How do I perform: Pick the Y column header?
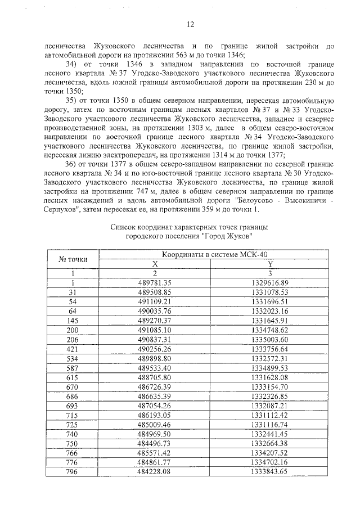270,264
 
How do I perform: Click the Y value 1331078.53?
270,292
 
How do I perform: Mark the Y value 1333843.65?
270,471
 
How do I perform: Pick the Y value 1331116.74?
270,424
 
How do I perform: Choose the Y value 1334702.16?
270,462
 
